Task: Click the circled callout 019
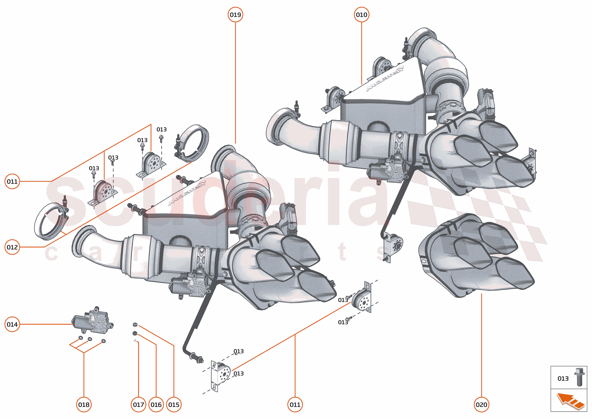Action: (x=235, y=15)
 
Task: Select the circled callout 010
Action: (x=361, y=15)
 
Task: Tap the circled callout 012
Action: (x=12, y=247)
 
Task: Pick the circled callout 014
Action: (x=12, y=324)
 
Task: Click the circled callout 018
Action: (x=84, y=405)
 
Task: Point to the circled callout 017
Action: (x=139, y=405)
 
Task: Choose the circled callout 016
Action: (x=156, y=405)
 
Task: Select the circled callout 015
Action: (x=174, y=405)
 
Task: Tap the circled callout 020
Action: (x=481, y=405)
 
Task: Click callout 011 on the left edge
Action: (x=12, y=181)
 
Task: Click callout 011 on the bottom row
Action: (x=295, y=405)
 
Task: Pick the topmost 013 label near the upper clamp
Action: (x=161, y=129)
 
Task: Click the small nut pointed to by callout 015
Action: (x=135, y=324)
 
